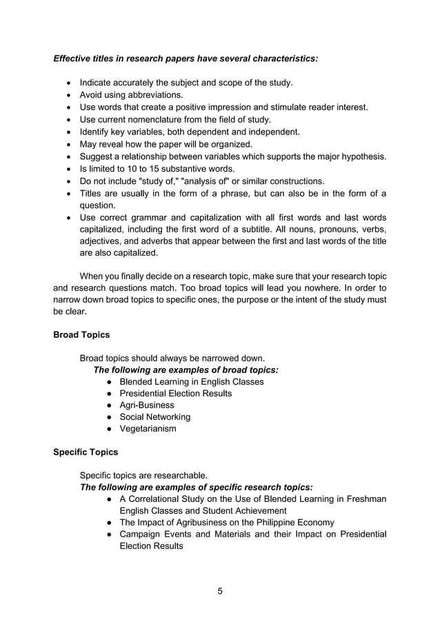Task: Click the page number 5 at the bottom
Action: click(220, 591)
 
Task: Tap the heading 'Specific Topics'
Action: click(86, 452)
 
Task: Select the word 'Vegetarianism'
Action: click(148, 429)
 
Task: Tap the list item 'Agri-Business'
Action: click(147, 405)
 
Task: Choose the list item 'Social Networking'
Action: click(155, 417)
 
